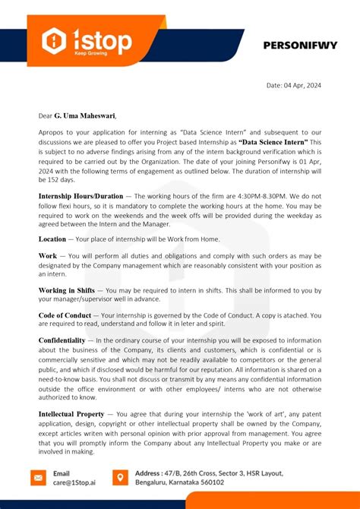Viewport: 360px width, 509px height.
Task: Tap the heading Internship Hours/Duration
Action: coord(75,195)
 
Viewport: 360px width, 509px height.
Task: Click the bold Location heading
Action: coord(52,239)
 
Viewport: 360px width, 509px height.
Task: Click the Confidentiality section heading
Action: coord(62,340)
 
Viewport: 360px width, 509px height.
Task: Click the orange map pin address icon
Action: coord(119,477)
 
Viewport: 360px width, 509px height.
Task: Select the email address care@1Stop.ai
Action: coord(75,482)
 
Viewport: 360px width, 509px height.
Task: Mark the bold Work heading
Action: coord(48,256)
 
